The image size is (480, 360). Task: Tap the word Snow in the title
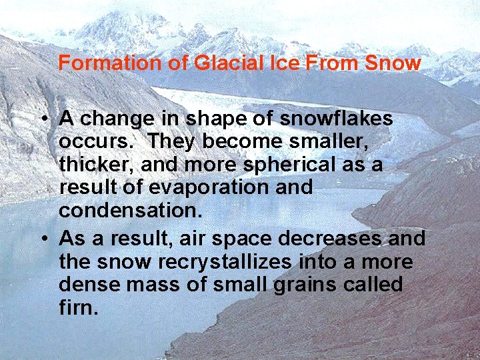pyautogui.click(x=393, y=63)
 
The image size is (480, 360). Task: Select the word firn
pyautogui.click(x=79, y=308)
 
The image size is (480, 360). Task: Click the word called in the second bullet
pyautogui.click(x=376, y=285)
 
